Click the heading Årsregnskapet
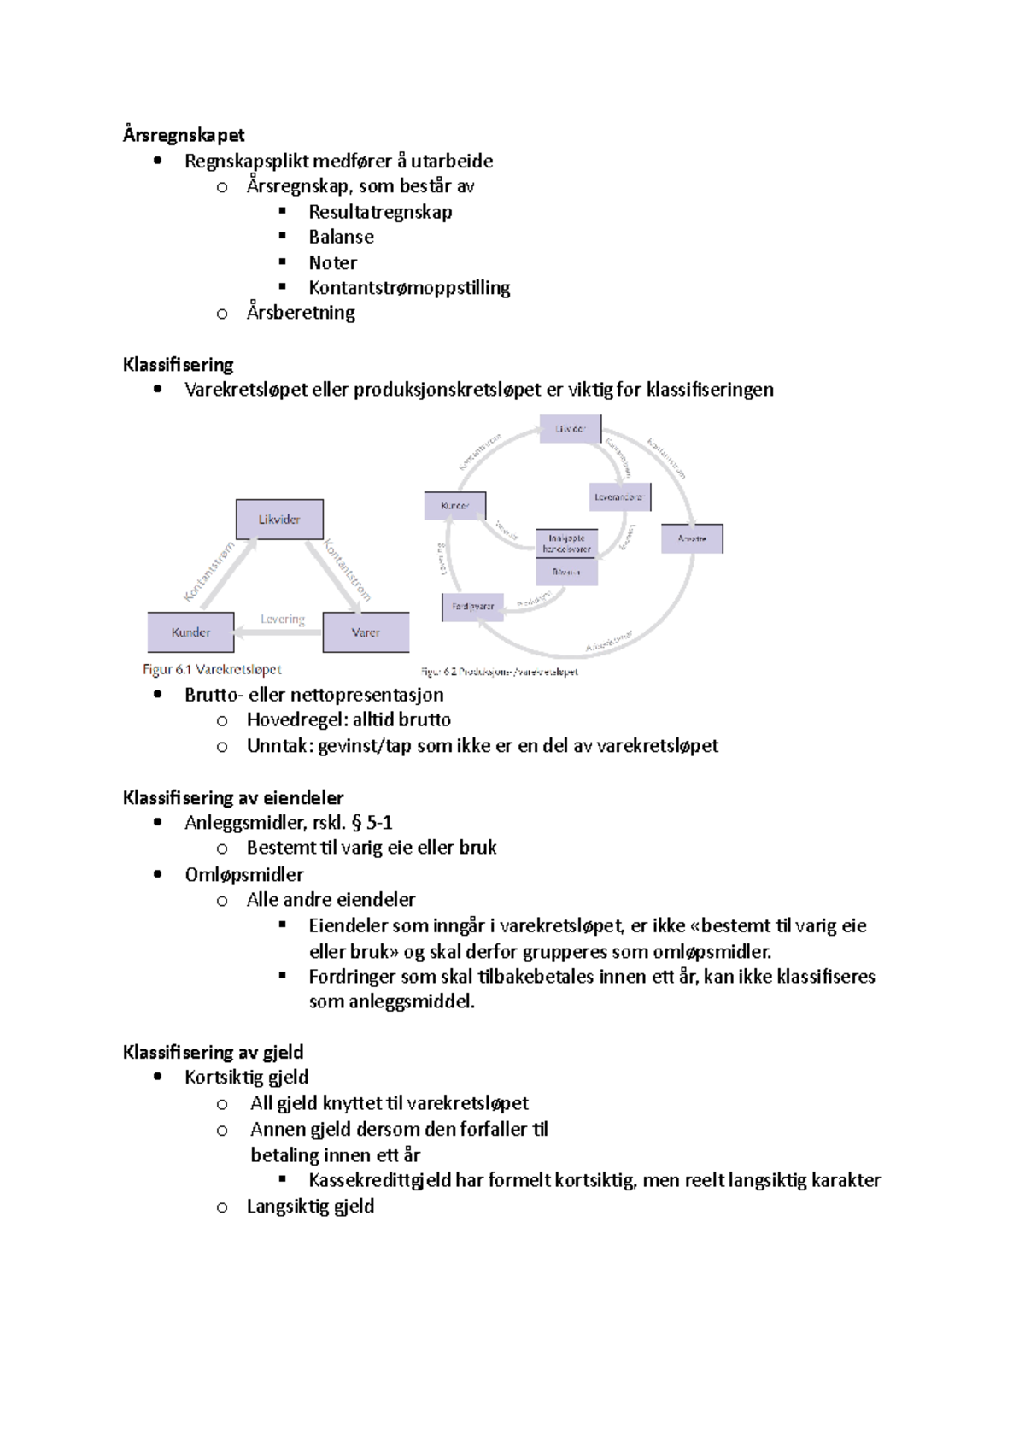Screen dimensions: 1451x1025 coord(183,135)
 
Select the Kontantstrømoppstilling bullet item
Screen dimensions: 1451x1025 coord(409,288)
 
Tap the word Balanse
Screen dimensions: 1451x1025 coord(341,237)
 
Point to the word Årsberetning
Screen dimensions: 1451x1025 coord(301,313)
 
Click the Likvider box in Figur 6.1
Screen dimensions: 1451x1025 coord(279,520)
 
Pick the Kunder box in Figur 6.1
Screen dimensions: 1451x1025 coord(190,632)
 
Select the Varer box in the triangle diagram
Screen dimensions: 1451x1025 coord(366,632)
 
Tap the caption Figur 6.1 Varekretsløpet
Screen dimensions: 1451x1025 coord(212,669)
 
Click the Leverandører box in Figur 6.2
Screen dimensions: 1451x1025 coord(619,497)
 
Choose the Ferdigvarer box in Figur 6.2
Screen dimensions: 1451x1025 coord(472,607)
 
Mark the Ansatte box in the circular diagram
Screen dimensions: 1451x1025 coord(692,539)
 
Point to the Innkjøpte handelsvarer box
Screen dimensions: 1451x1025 coord(566,543)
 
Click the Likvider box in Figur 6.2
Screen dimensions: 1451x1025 coord(570,429)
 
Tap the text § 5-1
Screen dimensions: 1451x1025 coord(372,823)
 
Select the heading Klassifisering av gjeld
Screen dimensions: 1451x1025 coord(213,1052)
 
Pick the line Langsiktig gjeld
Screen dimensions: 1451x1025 coord(310,1207)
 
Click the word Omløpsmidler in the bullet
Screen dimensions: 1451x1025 coord(244,874)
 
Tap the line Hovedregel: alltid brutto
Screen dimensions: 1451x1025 coord(348,720)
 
